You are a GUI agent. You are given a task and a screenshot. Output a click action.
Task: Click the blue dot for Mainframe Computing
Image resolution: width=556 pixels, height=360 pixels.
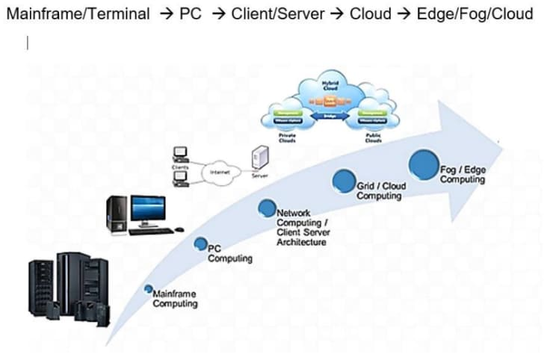pos(149,289)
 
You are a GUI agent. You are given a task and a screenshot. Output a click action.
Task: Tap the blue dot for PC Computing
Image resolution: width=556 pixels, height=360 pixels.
pos(200,243)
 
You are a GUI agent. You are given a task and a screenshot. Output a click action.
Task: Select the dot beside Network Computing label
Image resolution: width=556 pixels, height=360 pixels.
pos(267,208)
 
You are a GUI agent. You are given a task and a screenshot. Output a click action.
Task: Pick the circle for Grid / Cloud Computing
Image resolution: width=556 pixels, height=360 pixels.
pos(343,181)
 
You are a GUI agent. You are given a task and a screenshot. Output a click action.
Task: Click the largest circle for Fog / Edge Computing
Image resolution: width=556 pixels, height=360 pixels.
pos(422,164)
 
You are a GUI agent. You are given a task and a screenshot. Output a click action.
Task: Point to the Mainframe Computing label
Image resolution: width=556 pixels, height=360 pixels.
pos(175,299)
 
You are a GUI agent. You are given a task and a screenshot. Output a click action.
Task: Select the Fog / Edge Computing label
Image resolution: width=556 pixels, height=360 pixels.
pos(463,175)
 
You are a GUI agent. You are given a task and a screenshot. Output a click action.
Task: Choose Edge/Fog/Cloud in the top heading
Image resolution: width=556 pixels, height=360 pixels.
pos(475,14)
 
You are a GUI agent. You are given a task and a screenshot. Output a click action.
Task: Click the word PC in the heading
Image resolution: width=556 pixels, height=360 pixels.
pos(191,14)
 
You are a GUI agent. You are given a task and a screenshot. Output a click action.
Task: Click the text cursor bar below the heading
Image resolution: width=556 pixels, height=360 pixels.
pos(28,44)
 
